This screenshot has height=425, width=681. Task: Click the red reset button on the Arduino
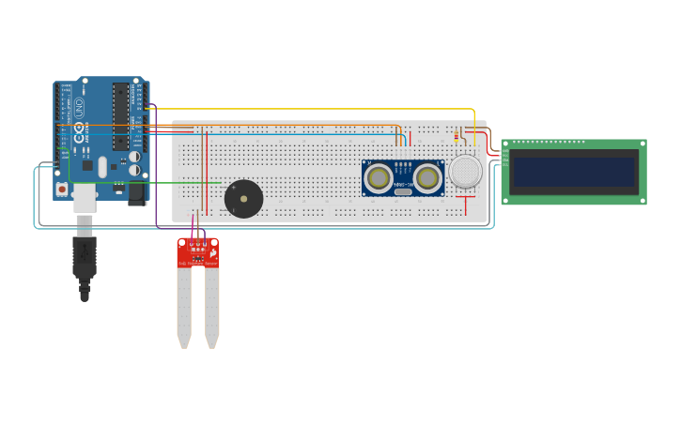click(x=62, y=189)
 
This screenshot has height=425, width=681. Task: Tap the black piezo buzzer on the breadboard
click(x=243, y=199)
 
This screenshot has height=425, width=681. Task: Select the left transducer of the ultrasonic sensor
click(x=379, y=177)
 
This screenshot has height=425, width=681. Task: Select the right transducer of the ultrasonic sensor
click(x=427, y=177)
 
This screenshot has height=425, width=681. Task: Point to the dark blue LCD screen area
click(x=574, y=171)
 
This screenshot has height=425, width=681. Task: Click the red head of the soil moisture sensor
click(x=198, y=251)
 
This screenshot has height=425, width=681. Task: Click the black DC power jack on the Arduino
click(x=137, y=192)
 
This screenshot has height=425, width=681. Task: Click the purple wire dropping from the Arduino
click(x=156, y=188)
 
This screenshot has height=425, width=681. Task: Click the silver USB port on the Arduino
click(x=85, y=196)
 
